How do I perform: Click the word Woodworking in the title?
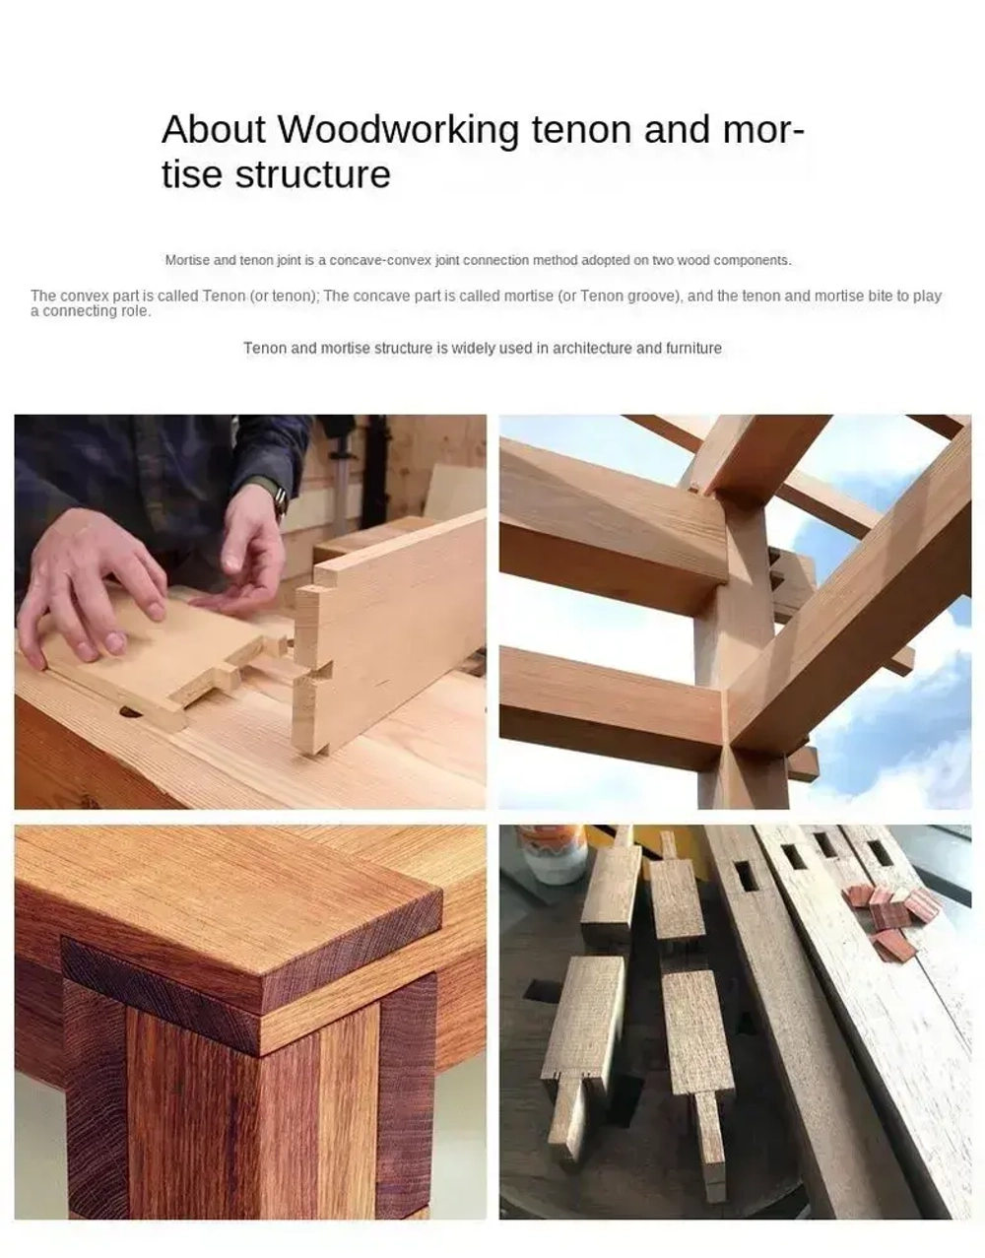(x=399, y=129)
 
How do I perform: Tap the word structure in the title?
(x=312, y=174)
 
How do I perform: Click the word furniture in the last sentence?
(x=693, y=348)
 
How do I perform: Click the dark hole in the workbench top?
(x=131, y=712)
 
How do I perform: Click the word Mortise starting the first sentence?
(x=188, y=260)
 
